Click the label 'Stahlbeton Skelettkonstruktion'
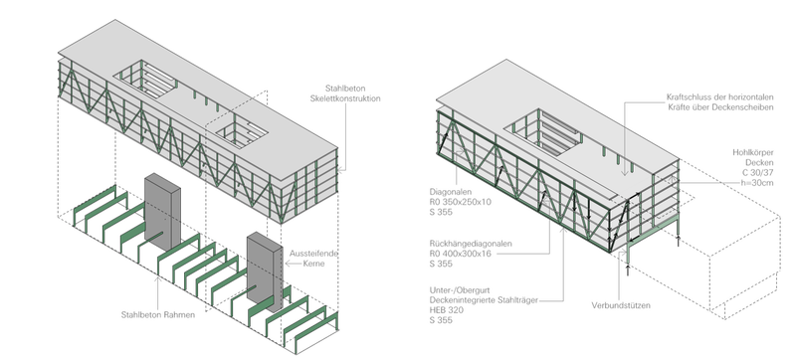pyautogui.click(x=345, y=93)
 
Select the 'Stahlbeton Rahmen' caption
pyautogui.click(x=158, y=315)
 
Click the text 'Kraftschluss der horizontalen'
pyautogui.click(x=719, y=96)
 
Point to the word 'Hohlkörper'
pyautogui.click(x=753, y=152)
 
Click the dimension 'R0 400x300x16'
pyautogui.click(x=461, y=254)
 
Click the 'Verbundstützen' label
pyautogui.click(x=621, y=305)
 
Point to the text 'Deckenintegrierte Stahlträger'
pyautogui.click(x=484, y=300)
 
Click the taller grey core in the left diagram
pyautogui.click(x=162, y=211)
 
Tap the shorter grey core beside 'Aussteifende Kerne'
pyautogui.click(x=265, y=270)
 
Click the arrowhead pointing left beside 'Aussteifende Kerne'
pyautogui.click(x=288, y=264)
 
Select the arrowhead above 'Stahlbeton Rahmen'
pyautogui.click(x=158, y=277)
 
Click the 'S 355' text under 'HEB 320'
pyautogui.click(x=441, y=320)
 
